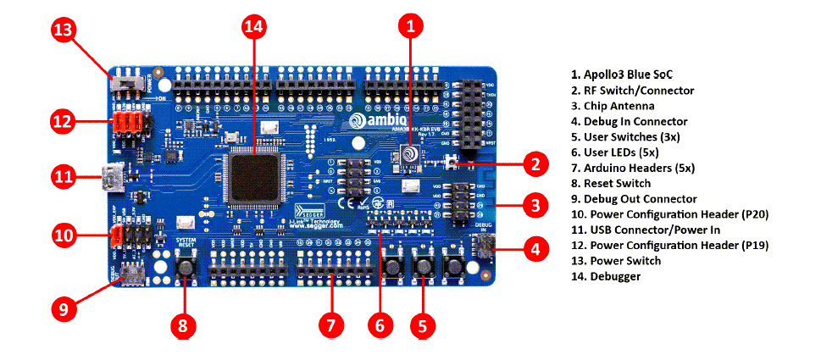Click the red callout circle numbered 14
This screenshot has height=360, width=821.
(253, 27)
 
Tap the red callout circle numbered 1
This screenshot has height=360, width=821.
(410, 27)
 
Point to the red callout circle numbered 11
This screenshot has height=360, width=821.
(64, 178)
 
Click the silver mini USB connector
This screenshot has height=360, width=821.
(112, 179)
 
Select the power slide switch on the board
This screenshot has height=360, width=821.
(127, 85)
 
